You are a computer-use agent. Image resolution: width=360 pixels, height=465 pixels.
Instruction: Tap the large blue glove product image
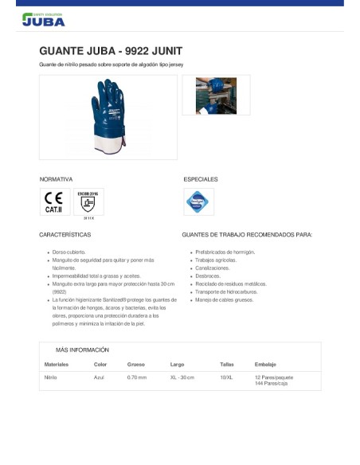(x=108, y=117)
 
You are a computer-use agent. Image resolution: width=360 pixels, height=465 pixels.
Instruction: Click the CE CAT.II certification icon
(x=53, y=202)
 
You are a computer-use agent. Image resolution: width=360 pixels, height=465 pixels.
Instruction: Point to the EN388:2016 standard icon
(x=88, y=202)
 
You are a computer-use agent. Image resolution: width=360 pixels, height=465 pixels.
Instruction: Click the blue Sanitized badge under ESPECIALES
(x=198, y=202)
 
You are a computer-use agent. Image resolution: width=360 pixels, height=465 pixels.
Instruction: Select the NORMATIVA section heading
(x=56, y=179)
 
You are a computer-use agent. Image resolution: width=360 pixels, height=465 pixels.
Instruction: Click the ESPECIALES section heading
(x=200, y=179)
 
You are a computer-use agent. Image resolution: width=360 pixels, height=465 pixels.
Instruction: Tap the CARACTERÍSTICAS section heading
(x=65, y=235)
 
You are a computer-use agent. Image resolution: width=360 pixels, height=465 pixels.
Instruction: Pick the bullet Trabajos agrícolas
(x=217, y=260)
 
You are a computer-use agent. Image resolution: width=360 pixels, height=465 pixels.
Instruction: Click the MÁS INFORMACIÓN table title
(x=82, y=350)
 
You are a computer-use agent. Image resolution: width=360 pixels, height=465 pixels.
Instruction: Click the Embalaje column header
(x=265, y=365)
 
